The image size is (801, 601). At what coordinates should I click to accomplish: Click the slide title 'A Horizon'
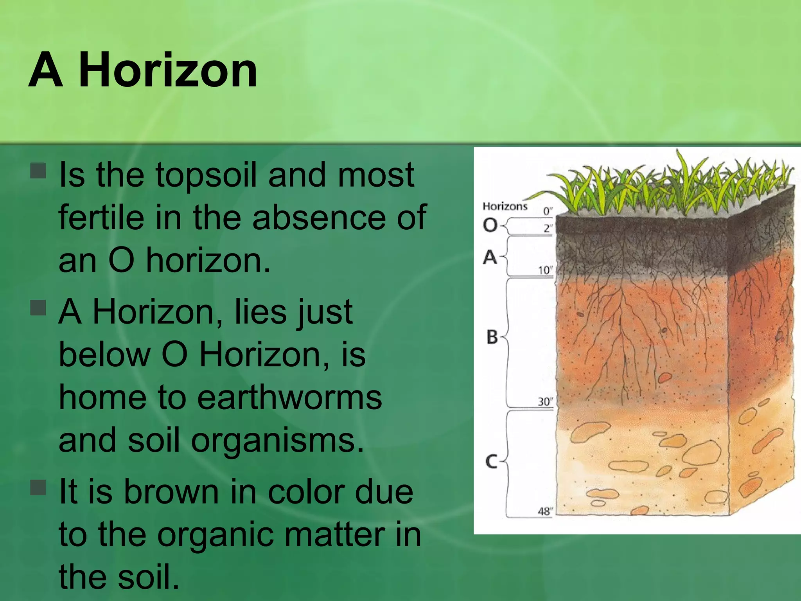click(143, 71)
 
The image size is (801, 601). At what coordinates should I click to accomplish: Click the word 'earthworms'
click(289, 398)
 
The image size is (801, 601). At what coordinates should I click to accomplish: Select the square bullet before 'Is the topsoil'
click(38, 171)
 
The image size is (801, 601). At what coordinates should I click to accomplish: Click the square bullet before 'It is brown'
click(38, 488)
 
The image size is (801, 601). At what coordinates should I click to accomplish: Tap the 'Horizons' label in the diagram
click(505, 206)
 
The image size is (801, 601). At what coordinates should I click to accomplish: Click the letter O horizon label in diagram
click(490, 225)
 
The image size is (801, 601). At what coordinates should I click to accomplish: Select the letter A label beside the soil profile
click(490, 257)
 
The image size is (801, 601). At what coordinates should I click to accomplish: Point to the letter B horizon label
click(492, 337)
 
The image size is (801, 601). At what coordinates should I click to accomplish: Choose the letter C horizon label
click(491, 461)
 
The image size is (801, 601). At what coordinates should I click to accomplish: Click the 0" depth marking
click(548, 211)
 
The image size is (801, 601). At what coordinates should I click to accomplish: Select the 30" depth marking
click(544, 401)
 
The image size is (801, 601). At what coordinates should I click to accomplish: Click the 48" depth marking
click(544, 511)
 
